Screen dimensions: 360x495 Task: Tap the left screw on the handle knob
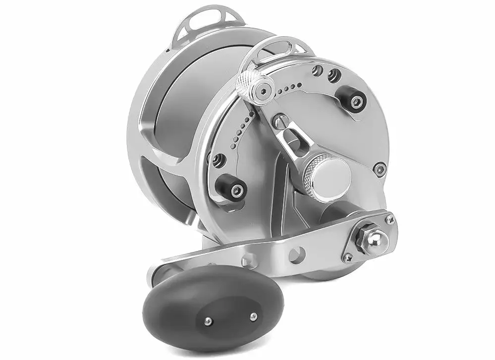coord(209,322)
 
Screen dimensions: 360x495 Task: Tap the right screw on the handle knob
coord(253,315)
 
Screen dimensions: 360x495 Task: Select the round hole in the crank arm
coord(296,256)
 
